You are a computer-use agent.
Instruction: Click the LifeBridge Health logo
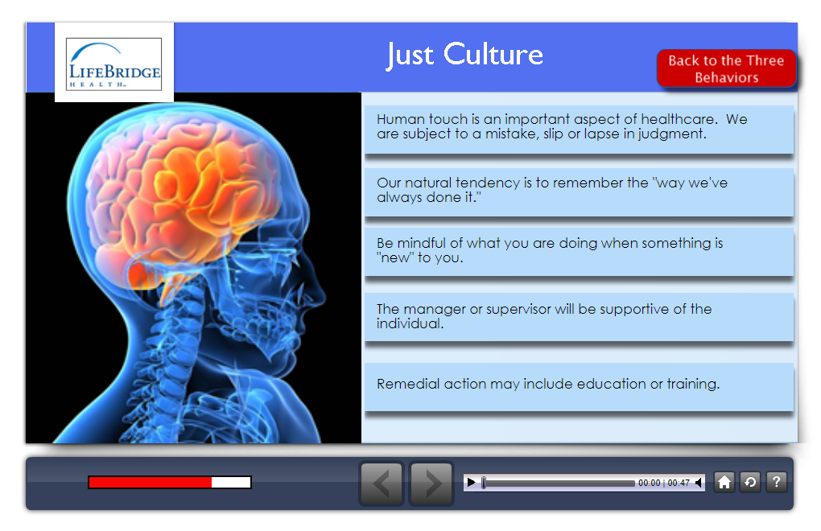point(113,64)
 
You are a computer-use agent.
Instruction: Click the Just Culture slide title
point(465,55)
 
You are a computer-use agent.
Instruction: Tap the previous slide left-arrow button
point(382,484)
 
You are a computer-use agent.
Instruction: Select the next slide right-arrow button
point(431,484)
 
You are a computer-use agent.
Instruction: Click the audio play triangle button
point(471,483)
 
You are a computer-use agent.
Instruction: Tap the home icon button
point(724,482)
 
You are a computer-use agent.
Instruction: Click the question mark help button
point(777,482)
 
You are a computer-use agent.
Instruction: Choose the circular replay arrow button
point(750,482)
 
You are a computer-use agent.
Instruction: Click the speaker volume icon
point(699,483)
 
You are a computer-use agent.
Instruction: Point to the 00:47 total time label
point(679,483)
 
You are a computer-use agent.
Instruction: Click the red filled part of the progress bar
point(151,483)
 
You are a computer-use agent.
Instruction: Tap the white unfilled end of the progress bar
point(231,483)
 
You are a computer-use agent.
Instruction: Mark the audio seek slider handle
point(484,483)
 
